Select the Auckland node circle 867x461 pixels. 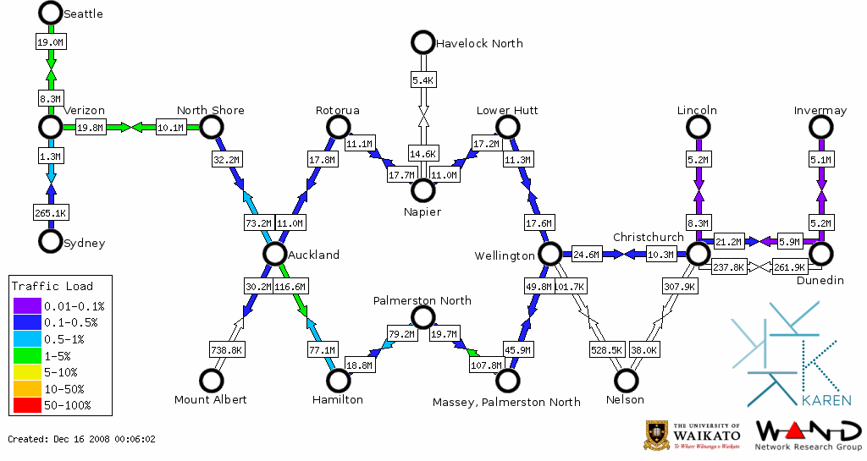274,254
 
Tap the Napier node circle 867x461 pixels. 422,189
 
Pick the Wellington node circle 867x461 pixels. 550,254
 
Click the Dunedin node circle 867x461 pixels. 820,254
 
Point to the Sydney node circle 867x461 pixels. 51,241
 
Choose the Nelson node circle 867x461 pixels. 626,381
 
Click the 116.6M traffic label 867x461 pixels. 290,287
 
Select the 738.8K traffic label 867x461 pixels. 227,349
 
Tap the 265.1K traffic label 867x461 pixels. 51,212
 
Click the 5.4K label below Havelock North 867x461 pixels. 422,80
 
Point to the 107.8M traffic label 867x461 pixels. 485,366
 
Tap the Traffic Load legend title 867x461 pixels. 52,286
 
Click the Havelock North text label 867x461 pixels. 478,43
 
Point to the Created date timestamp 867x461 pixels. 82,439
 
